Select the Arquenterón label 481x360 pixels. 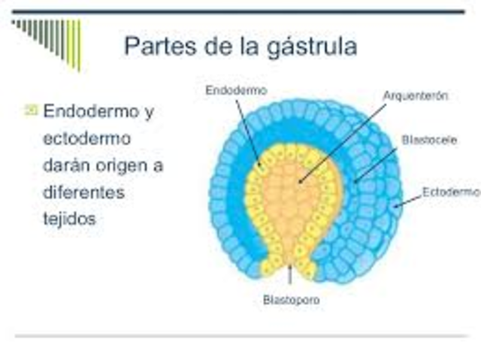416,95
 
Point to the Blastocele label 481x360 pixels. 429,141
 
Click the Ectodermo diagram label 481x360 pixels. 446,192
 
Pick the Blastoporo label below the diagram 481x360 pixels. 292,300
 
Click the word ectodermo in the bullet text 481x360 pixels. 86,139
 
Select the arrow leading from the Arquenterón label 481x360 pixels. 342,143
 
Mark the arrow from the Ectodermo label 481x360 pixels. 407,199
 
